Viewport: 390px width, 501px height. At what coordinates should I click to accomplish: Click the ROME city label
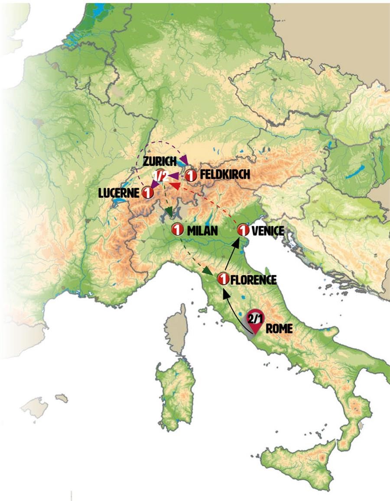[279, 328]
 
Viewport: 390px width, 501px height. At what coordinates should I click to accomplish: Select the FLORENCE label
[253, 279]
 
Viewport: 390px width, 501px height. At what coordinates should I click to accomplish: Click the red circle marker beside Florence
[223, 279]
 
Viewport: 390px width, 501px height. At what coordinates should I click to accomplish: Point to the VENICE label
[267, 231]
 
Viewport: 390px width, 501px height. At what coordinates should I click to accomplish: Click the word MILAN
[202, 231]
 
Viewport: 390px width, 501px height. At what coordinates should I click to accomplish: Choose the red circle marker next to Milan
[177, 230]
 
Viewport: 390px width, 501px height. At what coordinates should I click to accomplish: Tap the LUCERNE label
[119, 193]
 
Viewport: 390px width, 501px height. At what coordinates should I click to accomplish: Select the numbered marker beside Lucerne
[147, 193]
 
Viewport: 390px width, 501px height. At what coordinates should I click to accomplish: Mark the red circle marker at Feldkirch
[191, 176]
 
